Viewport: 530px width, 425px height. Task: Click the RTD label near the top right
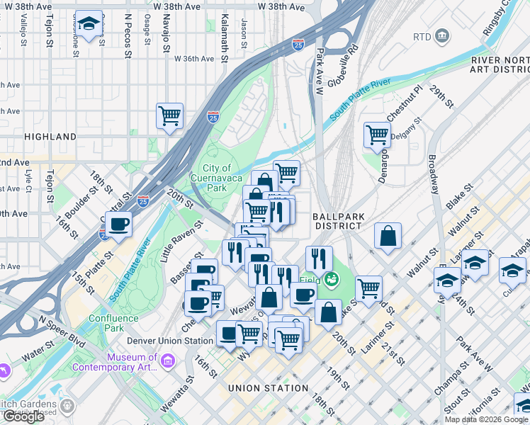(x=422, y=35)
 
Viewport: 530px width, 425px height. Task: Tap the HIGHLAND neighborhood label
(x=50, y=136)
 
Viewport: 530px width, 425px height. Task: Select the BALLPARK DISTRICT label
(x=338, y=219)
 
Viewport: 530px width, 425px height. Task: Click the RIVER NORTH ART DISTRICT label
(x=499, y=66)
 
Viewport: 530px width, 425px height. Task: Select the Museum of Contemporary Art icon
(x=168, y=363)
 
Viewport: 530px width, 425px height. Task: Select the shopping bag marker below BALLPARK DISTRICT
(x=388, y=237)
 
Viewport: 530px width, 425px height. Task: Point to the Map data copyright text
(x=486, y=419)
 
